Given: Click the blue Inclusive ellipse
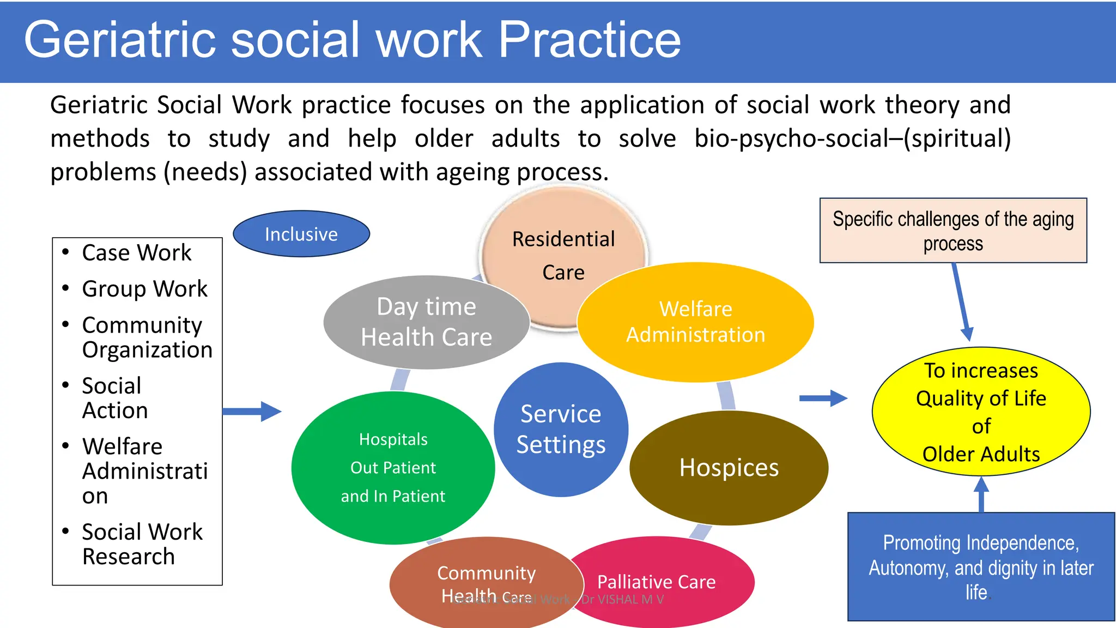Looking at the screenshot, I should pyautogui.click(x=301, y=234).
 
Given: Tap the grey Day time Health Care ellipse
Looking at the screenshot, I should pyautogui.click(x=426, y=322).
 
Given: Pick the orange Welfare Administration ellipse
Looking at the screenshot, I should pyautogui.click(x=695, y=322).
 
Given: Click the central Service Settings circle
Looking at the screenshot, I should pyautogui.click(x=561, y=430).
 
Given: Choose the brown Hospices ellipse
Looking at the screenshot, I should pyautogui.click(x=729, y=468).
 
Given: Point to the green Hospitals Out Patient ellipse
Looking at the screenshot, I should pyautogui.click(x=393, y=468).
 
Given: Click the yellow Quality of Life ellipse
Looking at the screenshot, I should pyautogui.click(x=981, y=412).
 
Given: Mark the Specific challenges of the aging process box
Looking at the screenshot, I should pyautogui.click(x=953, y=231).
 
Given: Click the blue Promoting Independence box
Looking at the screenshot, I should pyautogui.click(x=981, y=567).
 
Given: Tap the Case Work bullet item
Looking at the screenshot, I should pyautogui.click(x=136, y=253).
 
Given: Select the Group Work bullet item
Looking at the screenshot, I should pyautogui.click(x=144, y=289).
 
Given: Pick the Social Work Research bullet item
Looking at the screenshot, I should pyautogui.click(x=142, y=544).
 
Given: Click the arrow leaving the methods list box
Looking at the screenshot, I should pyautogui.click(x=252, y=412).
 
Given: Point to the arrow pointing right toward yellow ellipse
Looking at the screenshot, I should pyautogui.click(x=823, y=398).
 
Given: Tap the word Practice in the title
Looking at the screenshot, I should pyautogui.click(x=590, y=39).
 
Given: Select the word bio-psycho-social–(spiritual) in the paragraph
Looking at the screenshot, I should pyautogui.click(x=852, y=138).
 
